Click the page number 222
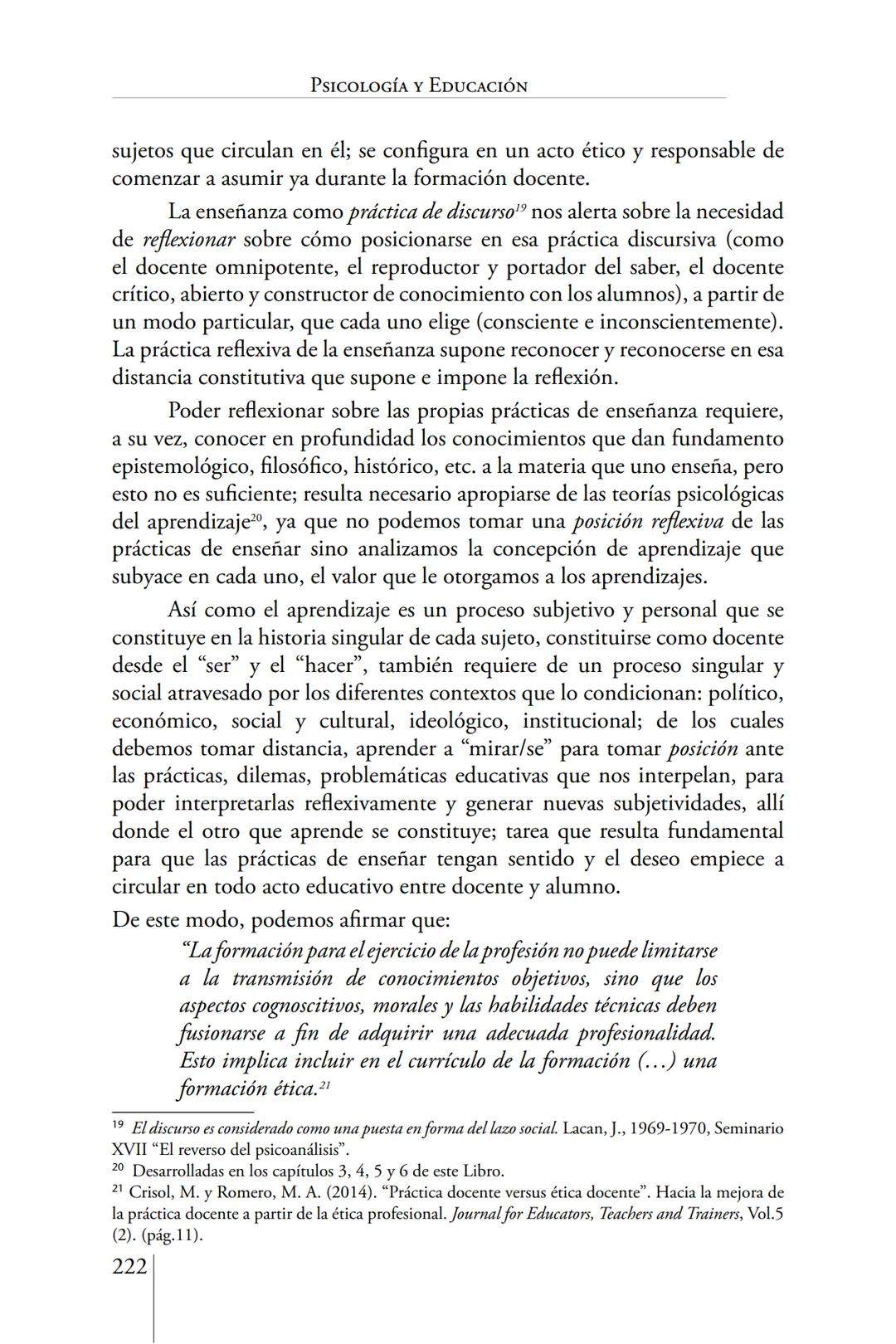129,1267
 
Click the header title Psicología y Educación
418,85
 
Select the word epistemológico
178,466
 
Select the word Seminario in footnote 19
749,1129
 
